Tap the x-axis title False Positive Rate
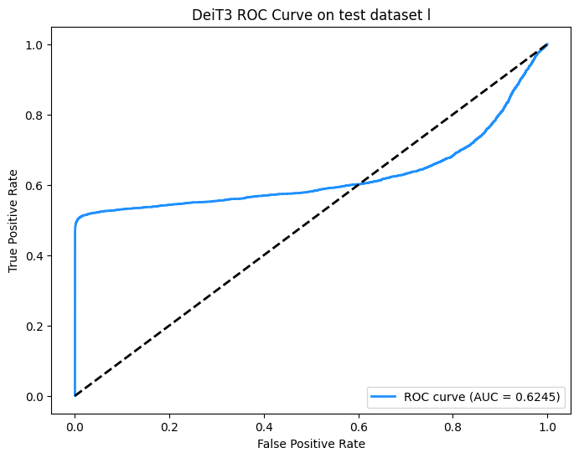click(311, 443)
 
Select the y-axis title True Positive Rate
click(14, 219)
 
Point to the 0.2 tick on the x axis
click(169, 425)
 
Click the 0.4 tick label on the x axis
click(264, 425)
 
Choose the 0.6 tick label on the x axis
click(359, 425)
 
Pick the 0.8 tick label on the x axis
click(453, 425)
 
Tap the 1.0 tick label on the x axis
click(548, 425)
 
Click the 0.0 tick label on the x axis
click(75, 425)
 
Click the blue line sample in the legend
click(385, 396)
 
